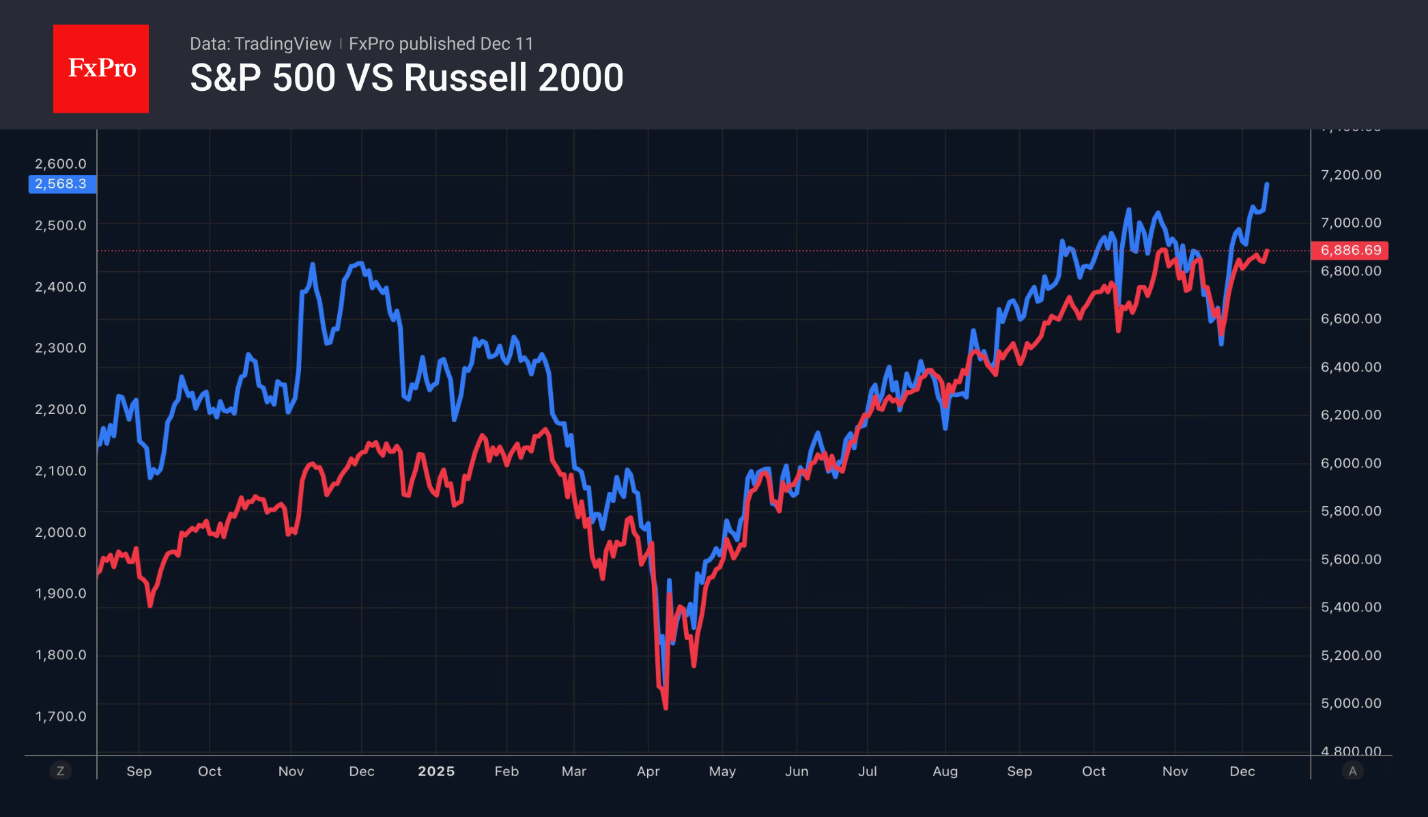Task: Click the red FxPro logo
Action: point(101,68)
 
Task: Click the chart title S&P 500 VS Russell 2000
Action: point(406,77)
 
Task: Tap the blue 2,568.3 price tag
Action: point(61,184)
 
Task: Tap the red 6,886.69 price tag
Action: point(1350,250)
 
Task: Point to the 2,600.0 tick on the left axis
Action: point(61,164)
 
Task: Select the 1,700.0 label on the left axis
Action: point(61,716)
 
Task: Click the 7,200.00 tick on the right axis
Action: point(1350,175)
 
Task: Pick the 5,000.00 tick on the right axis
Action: point(1350,703)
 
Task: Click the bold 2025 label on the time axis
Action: point(436,771)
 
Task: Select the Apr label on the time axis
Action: point(648,771)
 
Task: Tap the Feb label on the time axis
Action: point(506,771)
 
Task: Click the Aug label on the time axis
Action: point(945,771)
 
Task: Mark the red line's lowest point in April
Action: point(666,708)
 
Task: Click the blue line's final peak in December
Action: point(1267,184)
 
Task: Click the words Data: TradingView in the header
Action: point(260,44)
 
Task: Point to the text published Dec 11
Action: point(466,44)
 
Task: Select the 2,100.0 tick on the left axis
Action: point(61,471)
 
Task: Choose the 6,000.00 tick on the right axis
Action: point(1350,463)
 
